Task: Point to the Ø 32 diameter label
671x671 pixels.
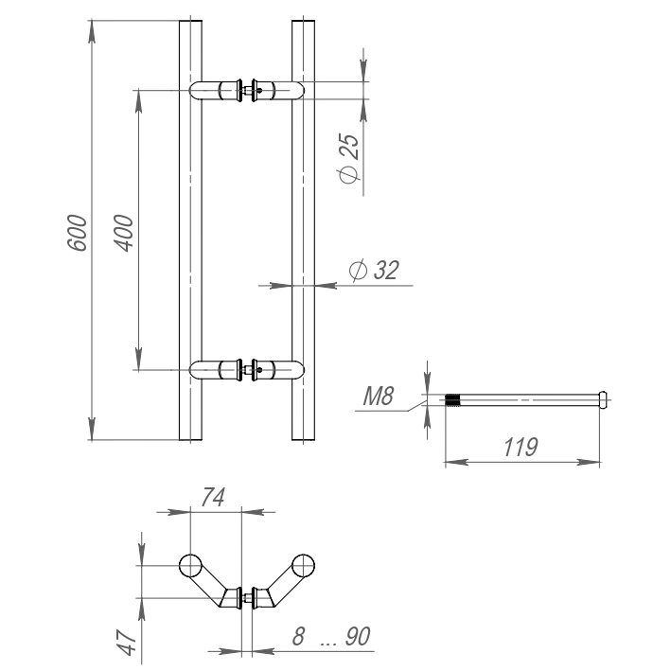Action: pos(374,271)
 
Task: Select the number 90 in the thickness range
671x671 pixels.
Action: pos(357,637)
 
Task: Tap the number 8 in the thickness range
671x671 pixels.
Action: pos(298,637)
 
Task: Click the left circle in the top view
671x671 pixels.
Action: pos(190,566)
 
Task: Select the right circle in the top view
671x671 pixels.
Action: pos(303,566)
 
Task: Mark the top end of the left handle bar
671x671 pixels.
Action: pos(190,22)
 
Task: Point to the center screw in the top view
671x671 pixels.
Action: pos(247,598)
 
